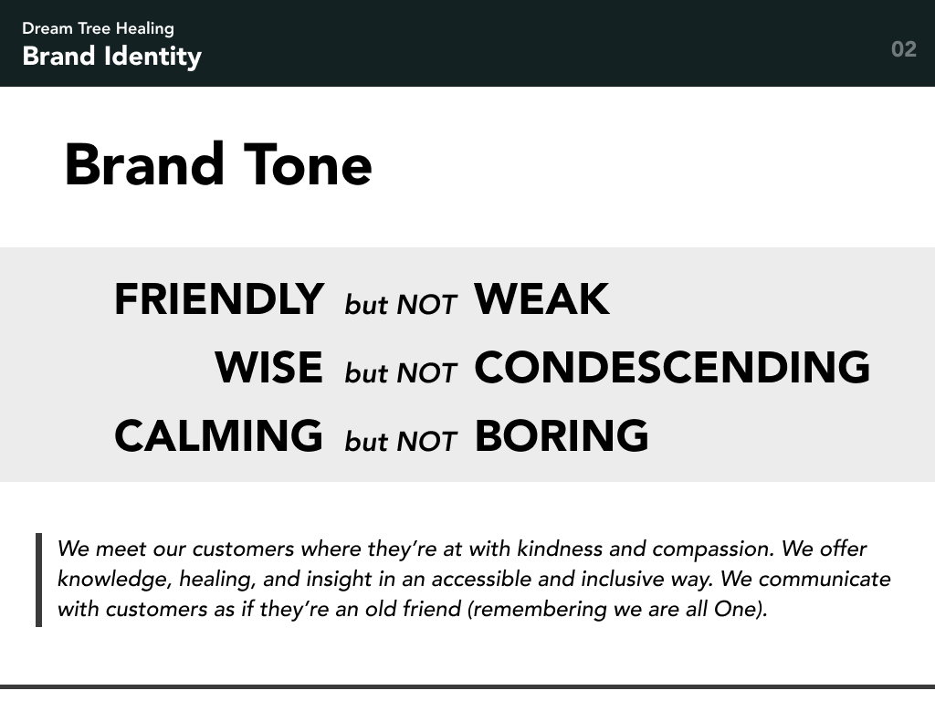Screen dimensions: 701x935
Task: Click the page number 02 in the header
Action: (x=903, y=49)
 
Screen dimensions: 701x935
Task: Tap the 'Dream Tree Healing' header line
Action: (x=98, y=28)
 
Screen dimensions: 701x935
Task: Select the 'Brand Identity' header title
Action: (x=111, y=57)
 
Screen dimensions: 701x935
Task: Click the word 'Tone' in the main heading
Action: (x=308, y=165)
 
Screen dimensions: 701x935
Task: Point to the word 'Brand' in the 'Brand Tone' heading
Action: (x=144, y=165)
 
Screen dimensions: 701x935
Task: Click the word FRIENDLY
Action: (x=218, y=299)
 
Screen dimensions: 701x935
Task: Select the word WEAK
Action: (x=541, y=299)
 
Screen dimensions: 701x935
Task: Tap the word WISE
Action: (x=268, y=367)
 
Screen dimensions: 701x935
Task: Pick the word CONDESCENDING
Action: (x=672, y=367)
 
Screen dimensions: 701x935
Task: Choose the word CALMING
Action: (x=218, y=435)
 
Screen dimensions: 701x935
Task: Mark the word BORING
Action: (x=562, y=435)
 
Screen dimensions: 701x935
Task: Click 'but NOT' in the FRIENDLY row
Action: (x=400, y=305)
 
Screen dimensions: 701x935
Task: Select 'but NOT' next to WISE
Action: (x=400, y=372)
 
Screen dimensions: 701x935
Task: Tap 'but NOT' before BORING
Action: (x=400, y=441)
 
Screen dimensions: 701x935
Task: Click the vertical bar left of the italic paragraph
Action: (x=39, y=580)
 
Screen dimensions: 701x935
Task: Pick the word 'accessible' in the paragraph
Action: (x=478, y=580)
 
